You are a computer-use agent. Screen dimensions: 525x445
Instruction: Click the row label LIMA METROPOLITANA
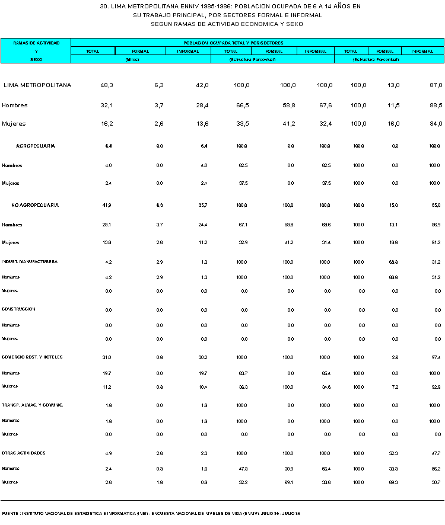point(37,85)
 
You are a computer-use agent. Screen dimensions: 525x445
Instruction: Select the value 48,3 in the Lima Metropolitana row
point(107,85)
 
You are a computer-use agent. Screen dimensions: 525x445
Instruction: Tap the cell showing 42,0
point(202,85)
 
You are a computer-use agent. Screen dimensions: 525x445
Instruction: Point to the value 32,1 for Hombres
point(107,105)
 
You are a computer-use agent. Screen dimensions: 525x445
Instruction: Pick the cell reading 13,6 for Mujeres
point(202,124)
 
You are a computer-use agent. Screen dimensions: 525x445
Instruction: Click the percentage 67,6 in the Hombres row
point(325,105)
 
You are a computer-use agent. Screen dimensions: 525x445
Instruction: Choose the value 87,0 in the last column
point(436,85)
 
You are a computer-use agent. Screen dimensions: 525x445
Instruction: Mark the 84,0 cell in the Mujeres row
point(436,124)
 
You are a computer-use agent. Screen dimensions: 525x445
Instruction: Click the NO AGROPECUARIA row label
point(35,205)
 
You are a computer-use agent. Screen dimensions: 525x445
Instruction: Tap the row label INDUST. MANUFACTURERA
point(30,261)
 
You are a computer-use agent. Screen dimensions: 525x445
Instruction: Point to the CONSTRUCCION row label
point(18,309)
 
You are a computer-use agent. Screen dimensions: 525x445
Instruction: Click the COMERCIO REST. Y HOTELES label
point(32,357)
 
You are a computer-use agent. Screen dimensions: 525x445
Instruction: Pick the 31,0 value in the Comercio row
point(107,357)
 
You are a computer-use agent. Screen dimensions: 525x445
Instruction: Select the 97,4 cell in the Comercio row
point(437,357)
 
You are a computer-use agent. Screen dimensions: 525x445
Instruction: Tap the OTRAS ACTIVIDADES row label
point(24,453)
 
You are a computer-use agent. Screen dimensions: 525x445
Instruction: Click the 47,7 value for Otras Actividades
point(437,453)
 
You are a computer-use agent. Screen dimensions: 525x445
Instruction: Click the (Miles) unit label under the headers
point(141,60)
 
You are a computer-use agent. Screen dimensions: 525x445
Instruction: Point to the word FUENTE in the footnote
point(9,513)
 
